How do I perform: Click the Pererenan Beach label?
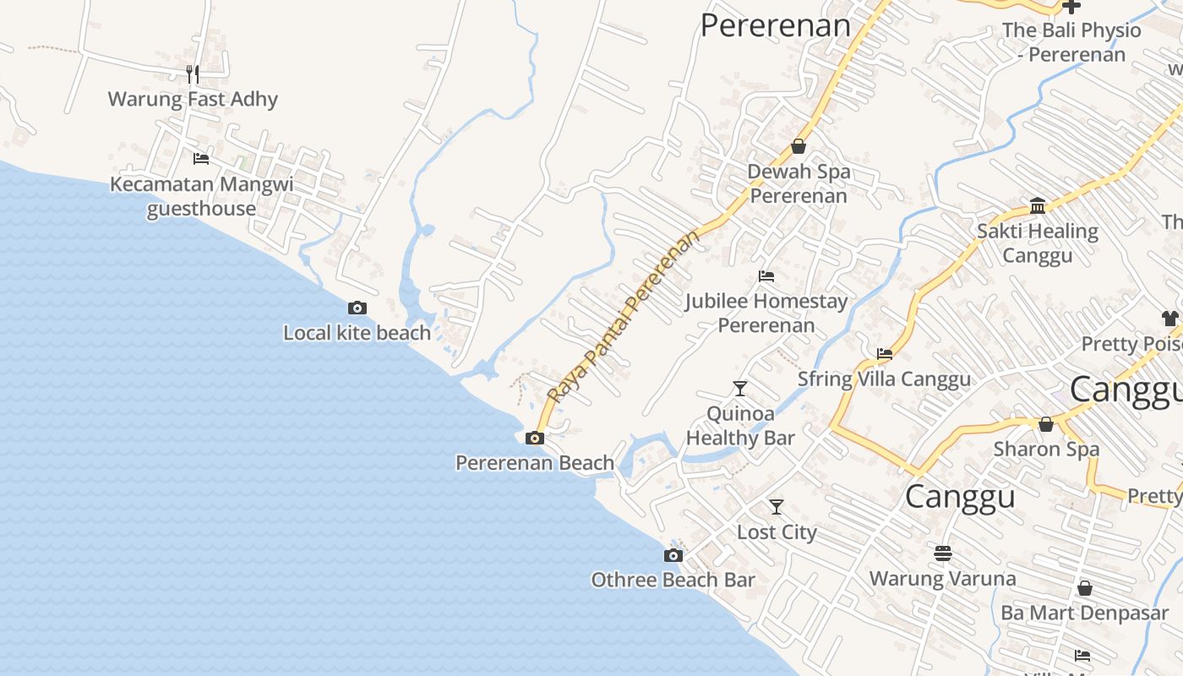click(535, 462)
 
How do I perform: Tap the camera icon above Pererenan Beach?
click(535, 438)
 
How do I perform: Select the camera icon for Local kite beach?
click(357, 308)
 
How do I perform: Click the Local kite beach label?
click(357, 333)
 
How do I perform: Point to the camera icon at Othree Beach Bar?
click(673, 555)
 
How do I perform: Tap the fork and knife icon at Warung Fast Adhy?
click(193, 74)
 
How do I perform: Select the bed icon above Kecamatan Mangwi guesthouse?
click(201, 158)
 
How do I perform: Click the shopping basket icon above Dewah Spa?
click(799, 146)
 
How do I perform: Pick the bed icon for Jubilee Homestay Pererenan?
click(766, 275)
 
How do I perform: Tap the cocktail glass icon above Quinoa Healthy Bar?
click(740, 389)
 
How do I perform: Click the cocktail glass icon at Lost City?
click(777, 507)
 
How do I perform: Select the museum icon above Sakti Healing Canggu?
click(1038, 205)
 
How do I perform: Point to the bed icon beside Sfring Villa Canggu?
click(885, 354)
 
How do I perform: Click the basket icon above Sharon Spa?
click(1046, 424)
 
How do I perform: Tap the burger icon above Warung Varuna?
click(943, 553)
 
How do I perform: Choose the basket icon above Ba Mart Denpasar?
click(1085, 587)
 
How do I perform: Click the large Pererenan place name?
click(775, 25)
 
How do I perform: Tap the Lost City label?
click(777, 532)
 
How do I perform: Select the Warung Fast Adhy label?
click(193, 99)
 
